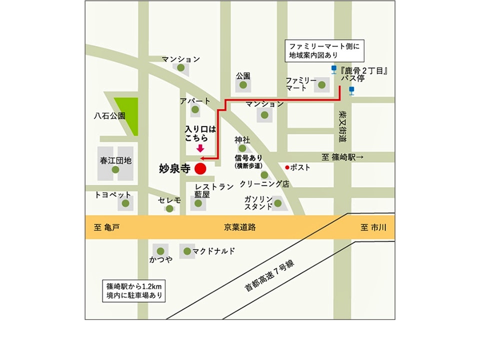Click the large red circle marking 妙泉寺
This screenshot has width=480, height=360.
point(200,169)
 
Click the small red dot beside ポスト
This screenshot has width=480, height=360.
point(287,167)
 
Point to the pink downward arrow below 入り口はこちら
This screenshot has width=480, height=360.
point(200,148)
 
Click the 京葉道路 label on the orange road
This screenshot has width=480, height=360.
point(240,227)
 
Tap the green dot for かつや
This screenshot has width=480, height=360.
point(160,251)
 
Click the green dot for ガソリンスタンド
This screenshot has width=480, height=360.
point(277,203)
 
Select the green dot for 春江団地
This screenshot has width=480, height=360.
point(115,170)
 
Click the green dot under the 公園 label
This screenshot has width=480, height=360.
point(243,85)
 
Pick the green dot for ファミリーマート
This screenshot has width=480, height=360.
point(319,85)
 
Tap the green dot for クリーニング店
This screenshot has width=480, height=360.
point(264,175)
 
